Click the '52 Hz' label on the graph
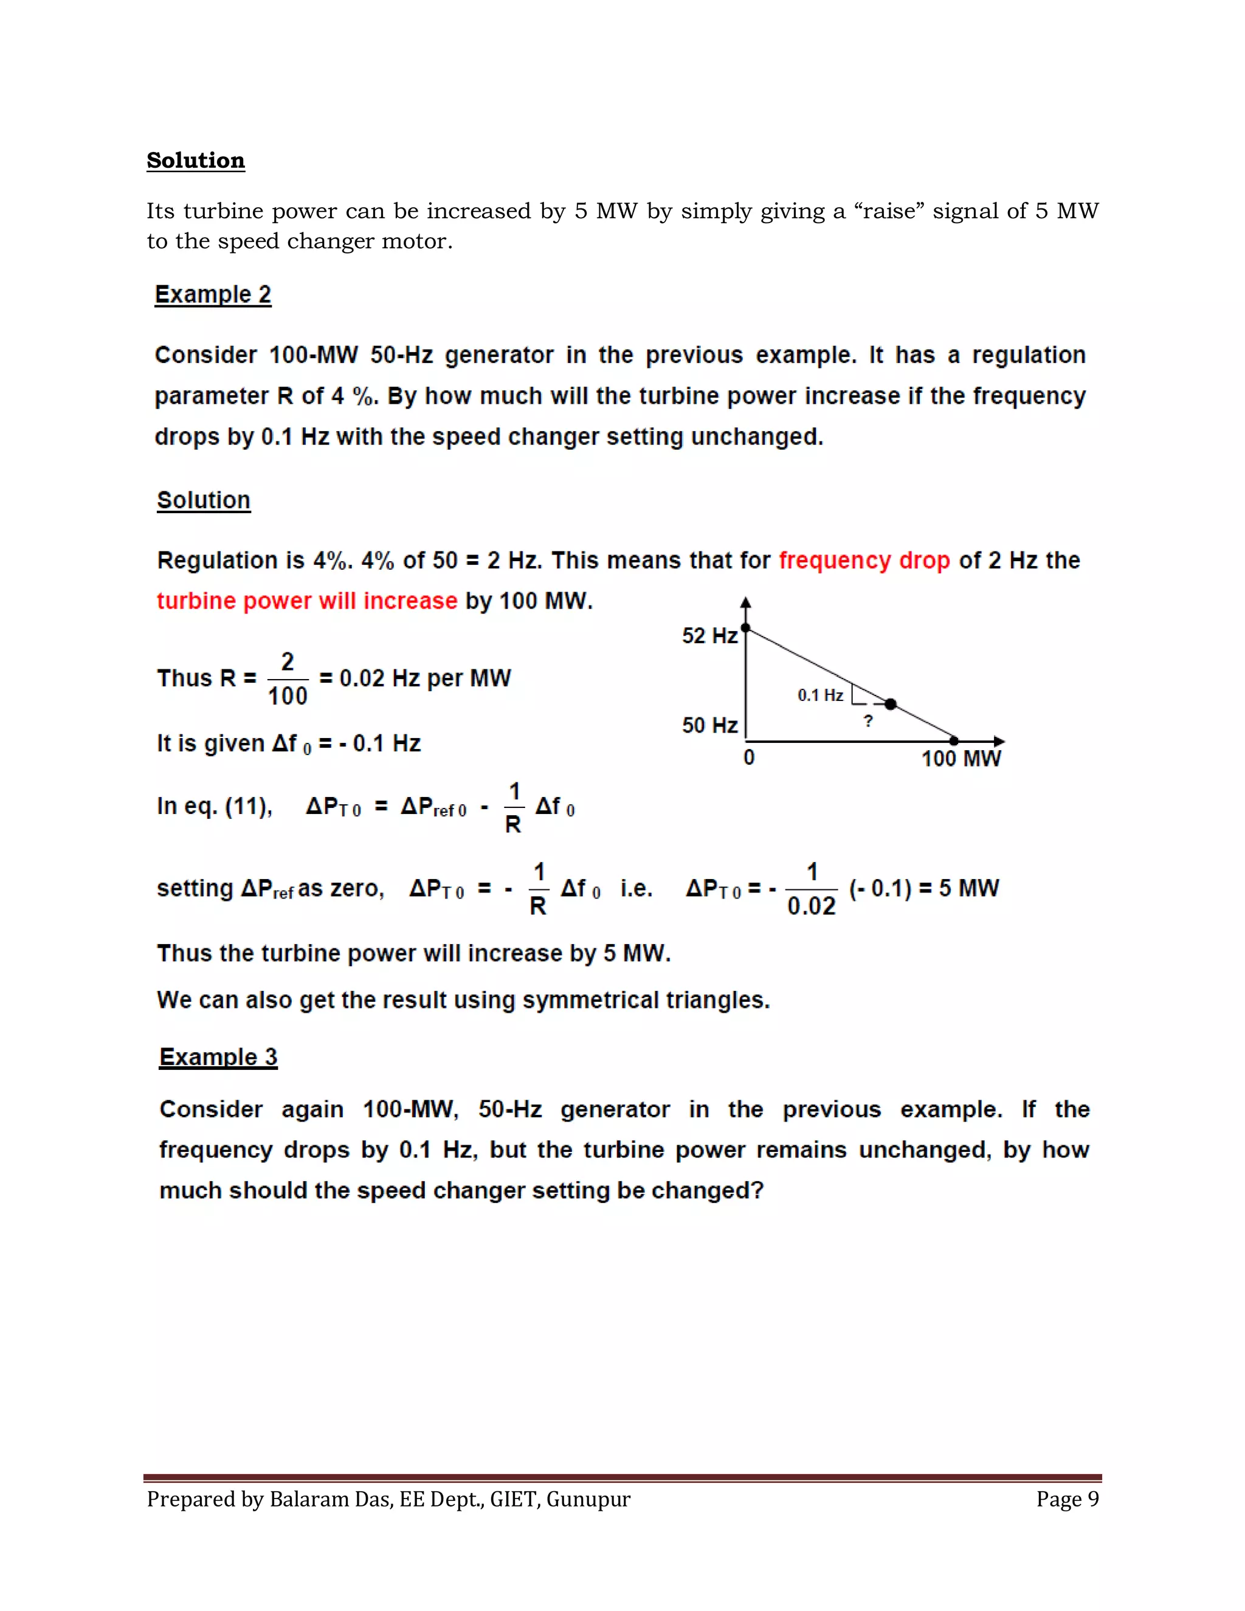point(709,635)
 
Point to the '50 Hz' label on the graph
point(709,725)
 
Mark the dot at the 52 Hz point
point(746,628)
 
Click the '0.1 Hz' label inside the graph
point(819,695)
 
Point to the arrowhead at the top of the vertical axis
point(746,602)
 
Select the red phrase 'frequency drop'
point(864,560)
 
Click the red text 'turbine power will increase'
point(307,601)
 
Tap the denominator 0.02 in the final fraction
point(812,906)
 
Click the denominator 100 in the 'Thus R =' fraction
point(287,695)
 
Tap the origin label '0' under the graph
point(748,757)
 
